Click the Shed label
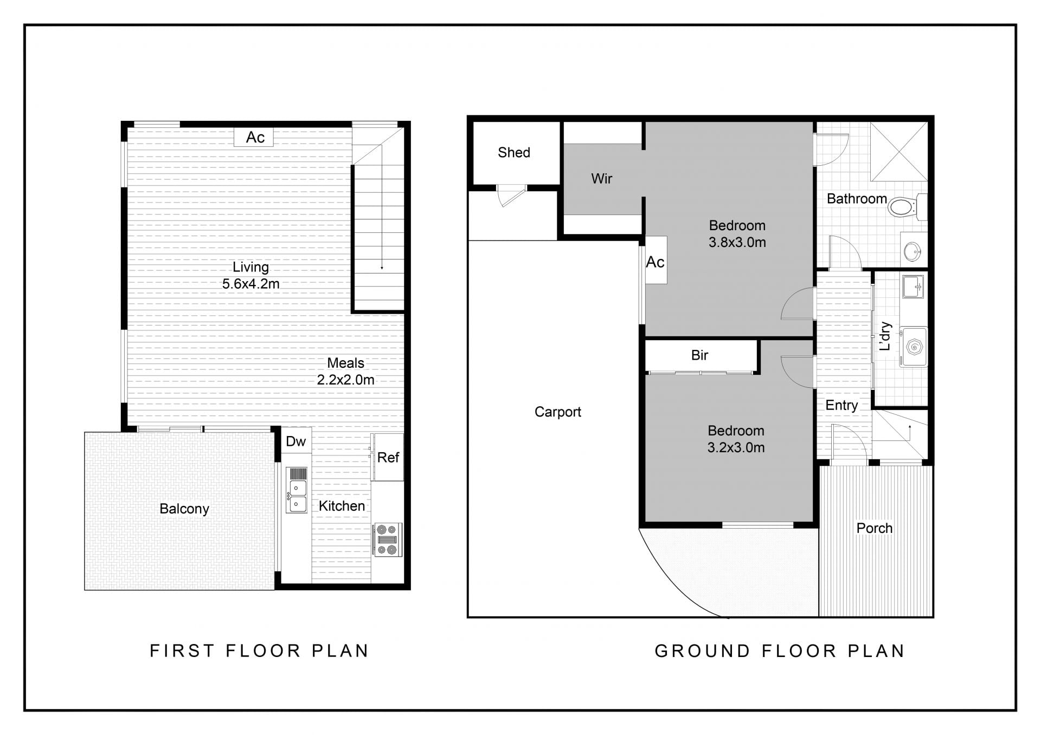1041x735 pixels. click(513, 153)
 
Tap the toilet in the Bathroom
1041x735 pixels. click(907, 206)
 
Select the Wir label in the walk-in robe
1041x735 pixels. click(601, 179)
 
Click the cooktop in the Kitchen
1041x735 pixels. click(387, 539)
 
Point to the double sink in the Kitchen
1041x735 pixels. click(297, 490)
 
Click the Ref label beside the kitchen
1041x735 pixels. click(388, 458)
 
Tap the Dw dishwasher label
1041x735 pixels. click(295, 441)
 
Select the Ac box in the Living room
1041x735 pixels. click(254, 137)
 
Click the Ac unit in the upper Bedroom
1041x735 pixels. click(656, 260)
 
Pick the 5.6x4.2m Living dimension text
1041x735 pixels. click(250, 284)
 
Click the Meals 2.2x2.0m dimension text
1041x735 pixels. click(345, 380)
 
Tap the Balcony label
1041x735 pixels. click(184, 509)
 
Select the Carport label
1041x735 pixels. click(557, 412)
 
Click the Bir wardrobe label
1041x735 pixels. click(699, 355)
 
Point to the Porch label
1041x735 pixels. click(874, 528)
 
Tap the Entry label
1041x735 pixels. click(841, 406)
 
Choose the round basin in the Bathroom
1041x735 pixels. click(913, 251)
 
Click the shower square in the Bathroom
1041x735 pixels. click(899, 152)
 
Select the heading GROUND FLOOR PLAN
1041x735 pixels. click(780, 651)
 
